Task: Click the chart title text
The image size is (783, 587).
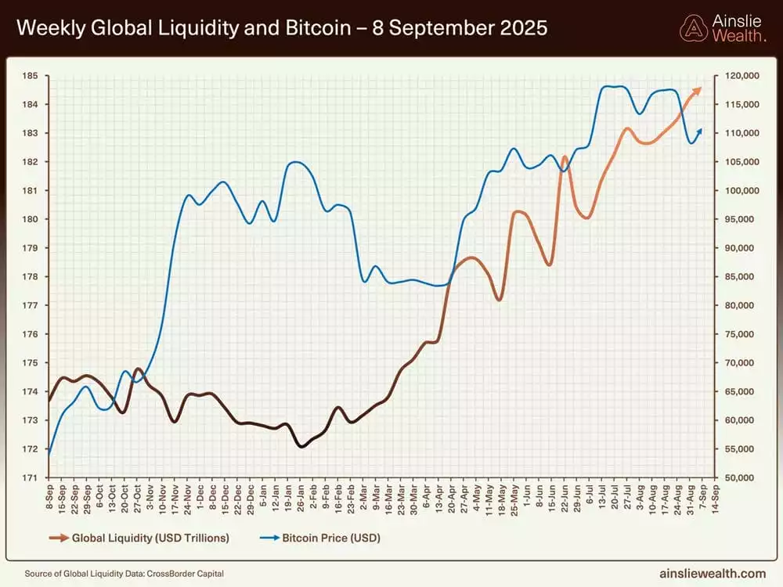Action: click(x=282, y=29)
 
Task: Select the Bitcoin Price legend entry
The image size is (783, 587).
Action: click(x=320, y=538)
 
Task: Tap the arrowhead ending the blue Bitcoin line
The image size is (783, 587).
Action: click(x=699, y=130)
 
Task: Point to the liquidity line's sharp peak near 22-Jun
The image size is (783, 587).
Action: click(x=564, y=157)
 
